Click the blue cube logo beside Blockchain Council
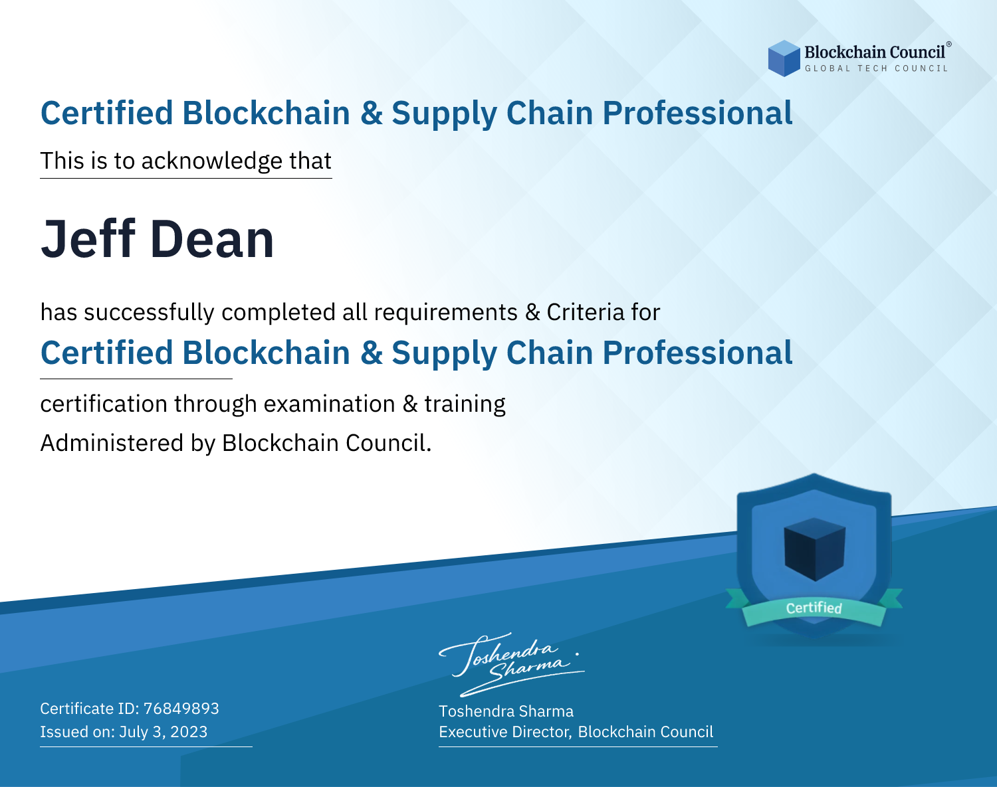[x=784, y=58]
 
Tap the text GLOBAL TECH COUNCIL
[x=877, y=68]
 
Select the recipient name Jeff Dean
[x=157, y=238]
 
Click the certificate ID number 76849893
[x=181, y=708]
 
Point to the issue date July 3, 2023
[x=163, y=731]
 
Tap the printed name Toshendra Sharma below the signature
[x=506, y=711]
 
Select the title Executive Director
[x=504, y=732]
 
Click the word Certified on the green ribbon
[x=814, y=608]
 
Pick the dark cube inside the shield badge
[x=814, y=549]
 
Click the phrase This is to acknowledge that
[x=186, y=161]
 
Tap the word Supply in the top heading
[x=444, y=114]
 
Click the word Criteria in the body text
[x=585, y=312]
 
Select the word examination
[x=330, y=404]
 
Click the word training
[x=465, y=404]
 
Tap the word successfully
[x=149, y=313]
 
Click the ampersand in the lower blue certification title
[x=372, y=353]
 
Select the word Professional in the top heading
[x=698, y=113]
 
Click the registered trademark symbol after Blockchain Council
[x=949, y=44]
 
